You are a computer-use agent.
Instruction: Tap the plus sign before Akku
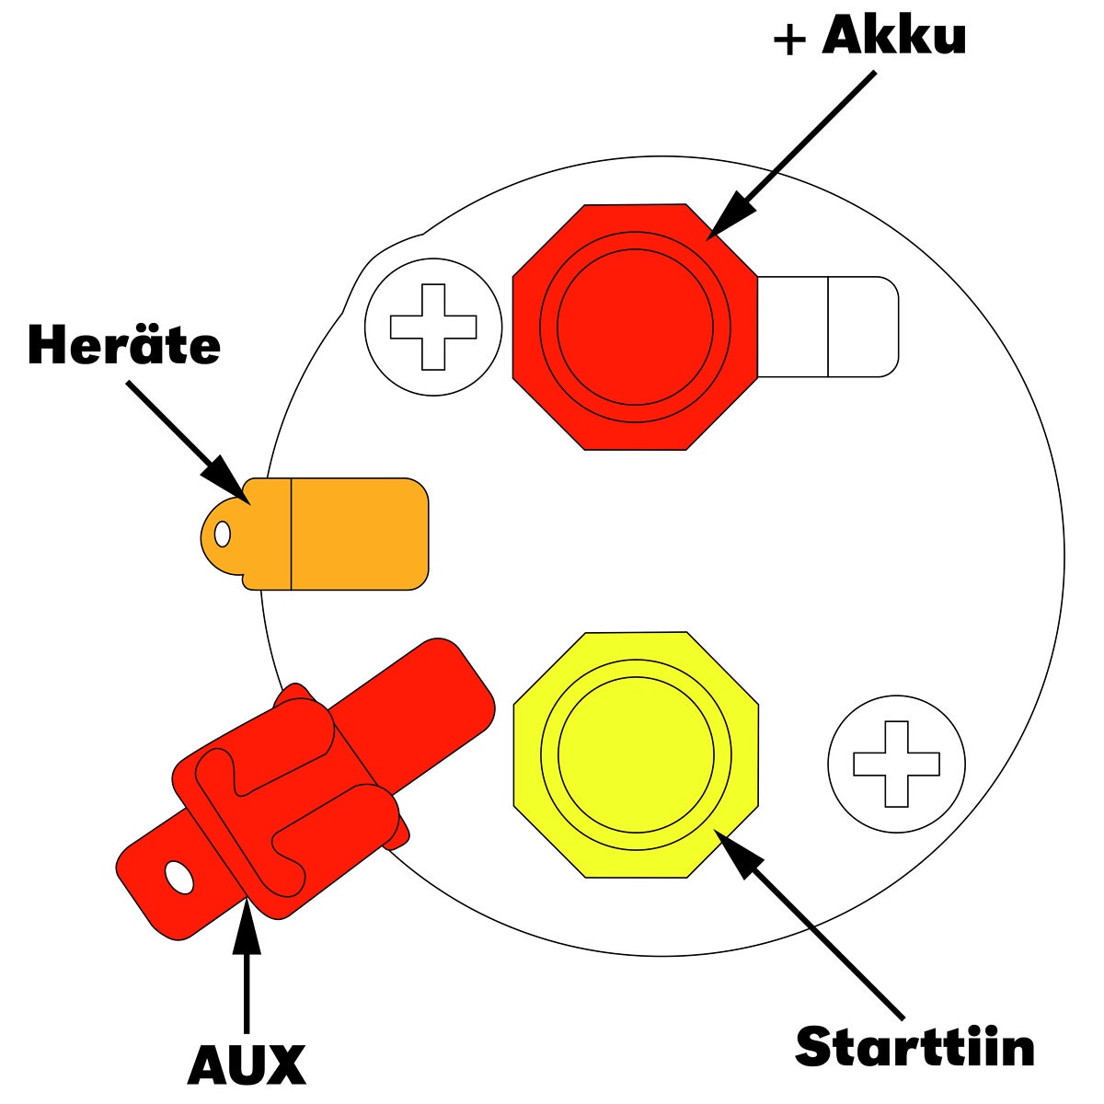click(x=790, y=40)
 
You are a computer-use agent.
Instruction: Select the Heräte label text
click(x=124, y=345)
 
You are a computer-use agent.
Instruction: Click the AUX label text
click(x=246, y=1065)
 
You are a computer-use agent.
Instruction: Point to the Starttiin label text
click(x=914, y=1046)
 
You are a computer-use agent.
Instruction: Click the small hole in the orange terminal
click(x=222, y=534)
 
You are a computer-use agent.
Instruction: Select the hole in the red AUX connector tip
click(x=178, y=879)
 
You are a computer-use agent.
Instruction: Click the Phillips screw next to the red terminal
click(x=433, y=327)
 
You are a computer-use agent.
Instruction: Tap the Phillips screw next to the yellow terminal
click(x=896, y=764)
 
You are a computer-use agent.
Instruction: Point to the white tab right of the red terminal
click(x=828, y=327)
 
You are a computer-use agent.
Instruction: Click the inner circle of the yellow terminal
click(x=635, y=754)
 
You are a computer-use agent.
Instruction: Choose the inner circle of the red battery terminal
click(x=635, y=327)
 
